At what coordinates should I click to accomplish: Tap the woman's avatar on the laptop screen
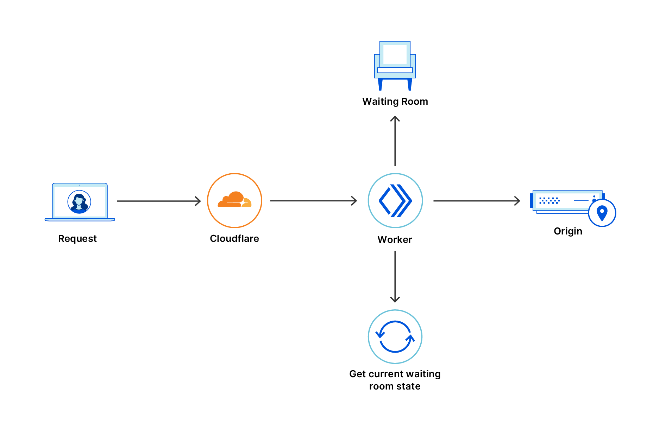coord(79,202)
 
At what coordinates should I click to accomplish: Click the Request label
coord(77,239)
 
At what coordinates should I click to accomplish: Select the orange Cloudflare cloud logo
coord(234,200)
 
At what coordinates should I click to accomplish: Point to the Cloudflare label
coord(234,239)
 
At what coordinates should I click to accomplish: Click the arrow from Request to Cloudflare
coord(158,201)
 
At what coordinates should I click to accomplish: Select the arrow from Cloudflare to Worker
coord(313,201)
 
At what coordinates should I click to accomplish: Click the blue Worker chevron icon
coord(395,201)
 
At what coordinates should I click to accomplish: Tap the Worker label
coord(395,240)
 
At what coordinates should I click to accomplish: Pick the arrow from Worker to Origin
coord(476,201)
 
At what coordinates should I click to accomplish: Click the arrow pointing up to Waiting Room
coord(395,141)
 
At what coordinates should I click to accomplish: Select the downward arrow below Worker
coord(395,276)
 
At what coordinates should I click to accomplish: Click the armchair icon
coord(395,65)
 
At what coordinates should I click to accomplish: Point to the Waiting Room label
coord(395,102)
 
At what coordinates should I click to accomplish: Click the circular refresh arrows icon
coord(395,337)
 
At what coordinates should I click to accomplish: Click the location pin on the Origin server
coord(602,213)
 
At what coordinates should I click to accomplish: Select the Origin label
coord(568,231)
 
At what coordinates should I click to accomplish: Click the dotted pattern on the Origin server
coord(549,201)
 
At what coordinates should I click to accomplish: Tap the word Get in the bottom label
coord(358,374)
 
